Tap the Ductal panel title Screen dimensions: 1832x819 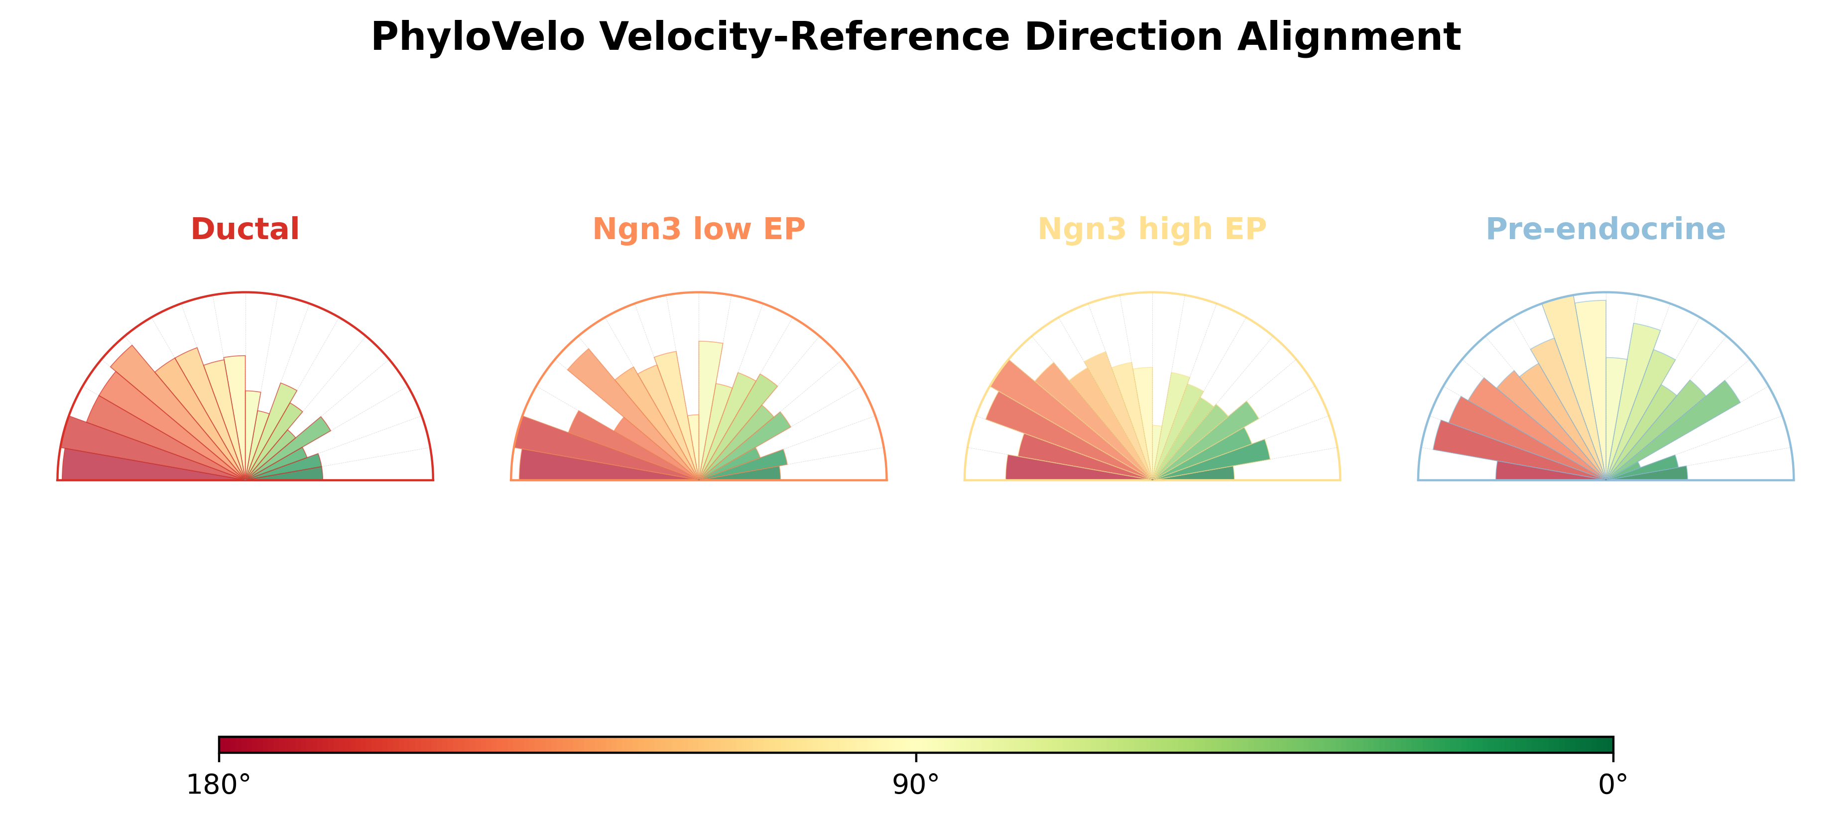(245, 229)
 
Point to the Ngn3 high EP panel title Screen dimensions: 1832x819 (1152, 229)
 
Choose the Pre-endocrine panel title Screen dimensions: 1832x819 (1606, 229)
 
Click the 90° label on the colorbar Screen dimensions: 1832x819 (916, 785)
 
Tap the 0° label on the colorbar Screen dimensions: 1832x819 (1613, 785)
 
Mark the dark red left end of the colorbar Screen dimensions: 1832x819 (222, 744)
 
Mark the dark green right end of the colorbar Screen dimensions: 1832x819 (1609, 744)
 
